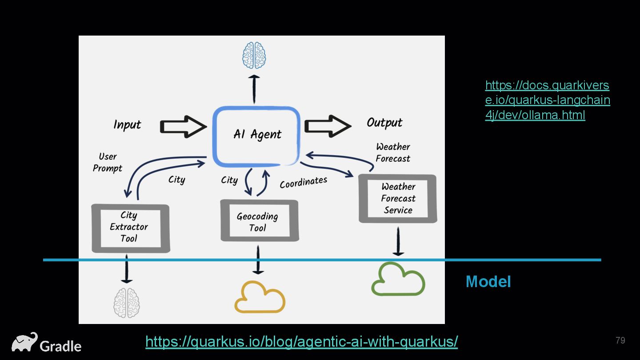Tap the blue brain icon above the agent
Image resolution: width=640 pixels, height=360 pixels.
254,55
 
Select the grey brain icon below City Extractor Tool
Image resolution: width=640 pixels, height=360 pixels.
127,303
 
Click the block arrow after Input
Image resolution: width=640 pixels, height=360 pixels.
184,127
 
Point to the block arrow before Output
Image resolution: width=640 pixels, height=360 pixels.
328,126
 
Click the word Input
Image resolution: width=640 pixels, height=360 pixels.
127,125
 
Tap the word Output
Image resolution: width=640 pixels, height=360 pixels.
384,123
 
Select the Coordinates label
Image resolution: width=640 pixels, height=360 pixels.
304,183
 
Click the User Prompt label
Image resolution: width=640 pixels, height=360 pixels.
108,162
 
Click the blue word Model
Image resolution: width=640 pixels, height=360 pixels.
488,282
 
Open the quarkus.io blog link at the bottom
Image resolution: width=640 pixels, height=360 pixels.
302,341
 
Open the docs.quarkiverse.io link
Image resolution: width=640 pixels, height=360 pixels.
548,100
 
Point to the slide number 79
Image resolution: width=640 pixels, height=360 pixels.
620,340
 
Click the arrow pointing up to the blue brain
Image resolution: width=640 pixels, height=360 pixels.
254,89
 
